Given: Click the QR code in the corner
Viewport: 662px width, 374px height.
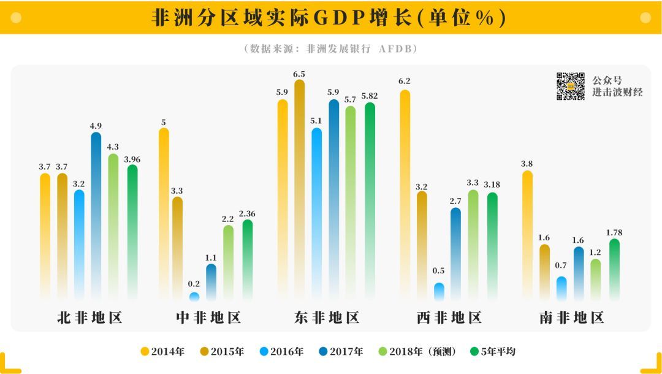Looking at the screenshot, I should tap(570, 86).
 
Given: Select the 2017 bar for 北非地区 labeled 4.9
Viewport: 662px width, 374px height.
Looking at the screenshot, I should tap(96, 215).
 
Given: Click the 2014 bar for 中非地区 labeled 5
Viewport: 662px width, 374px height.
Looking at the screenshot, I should tap(164, 215).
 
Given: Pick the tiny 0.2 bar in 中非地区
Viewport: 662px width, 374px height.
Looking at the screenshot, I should tap(194, 297).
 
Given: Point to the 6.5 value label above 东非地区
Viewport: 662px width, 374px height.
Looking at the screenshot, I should tap(299, 74).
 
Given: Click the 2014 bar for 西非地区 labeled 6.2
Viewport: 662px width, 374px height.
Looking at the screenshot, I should tap(405, 196).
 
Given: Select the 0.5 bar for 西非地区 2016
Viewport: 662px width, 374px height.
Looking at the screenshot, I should tap(439, 292).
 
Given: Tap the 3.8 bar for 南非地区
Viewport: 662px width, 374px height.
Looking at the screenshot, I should tap(527, 236).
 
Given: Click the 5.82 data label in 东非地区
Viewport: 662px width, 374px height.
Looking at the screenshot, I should tap(370, 96).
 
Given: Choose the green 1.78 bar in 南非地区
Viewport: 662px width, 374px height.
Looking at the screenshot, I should tap(614, 270).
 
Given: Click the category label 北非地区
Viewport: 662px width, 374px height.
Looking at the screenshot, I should tap(90, 318).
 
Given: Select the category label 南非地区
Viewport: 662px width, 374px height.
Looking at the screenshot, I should tap(571, 318).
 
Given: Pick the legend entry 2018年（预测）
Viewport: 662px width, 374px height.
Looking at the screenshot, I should tap(424, 351).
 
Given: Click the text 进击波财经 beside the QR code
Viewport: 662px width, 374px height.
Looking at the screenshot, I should tap(617, 93).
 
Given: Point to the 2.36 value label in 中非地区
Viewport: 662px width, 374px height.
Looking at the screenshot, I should tap(247, 214).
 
